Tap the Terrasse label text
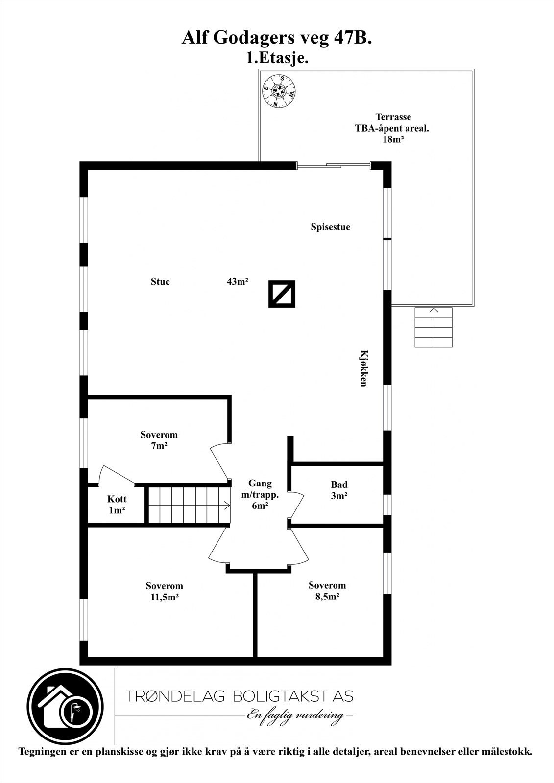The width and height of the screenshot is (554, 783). [393, 117]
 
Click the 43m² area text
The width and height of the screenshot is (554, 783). [238, 282]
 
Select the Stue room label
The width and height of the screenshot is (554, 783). [160, 282]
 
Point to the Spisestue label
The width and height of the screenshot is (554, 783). [330, 227]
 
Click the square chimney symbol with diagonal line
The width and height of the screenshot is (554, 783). [282, 294]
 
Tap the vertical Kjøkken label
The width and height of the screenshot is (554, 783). [363, 368]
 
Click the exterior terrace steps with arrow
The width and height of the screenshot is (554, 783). [433, 327]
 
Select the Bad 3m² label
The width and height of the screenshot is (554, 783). [339, 490]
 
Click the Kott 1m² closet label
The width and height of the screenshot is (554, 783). [117, 505]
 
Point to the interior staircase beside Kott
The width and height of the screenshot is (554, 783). [189, 505]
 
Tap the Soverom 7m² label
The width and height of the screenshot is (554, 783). [159, 440]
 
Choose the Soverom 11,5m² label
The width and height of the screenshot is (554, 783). [164, 591]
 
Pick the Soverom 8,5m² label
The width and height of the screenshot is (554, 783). [327, 591]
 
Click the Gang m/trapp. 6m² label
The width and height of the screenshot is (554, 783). [260, 495]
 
